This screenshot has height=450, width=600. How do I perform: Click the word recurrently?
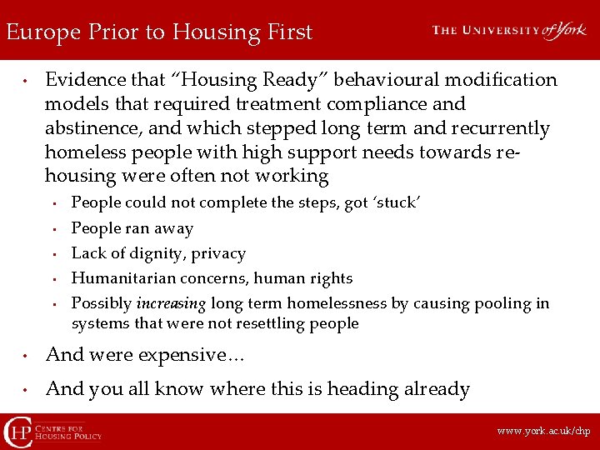(502, 128)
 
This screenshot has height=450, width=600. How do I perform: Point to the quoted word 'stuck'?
(399, 202)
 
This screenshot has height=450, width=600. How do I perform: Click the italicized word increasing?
(172, 303)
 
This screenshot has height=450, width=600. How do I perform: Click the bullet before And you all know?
(27, 390)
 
